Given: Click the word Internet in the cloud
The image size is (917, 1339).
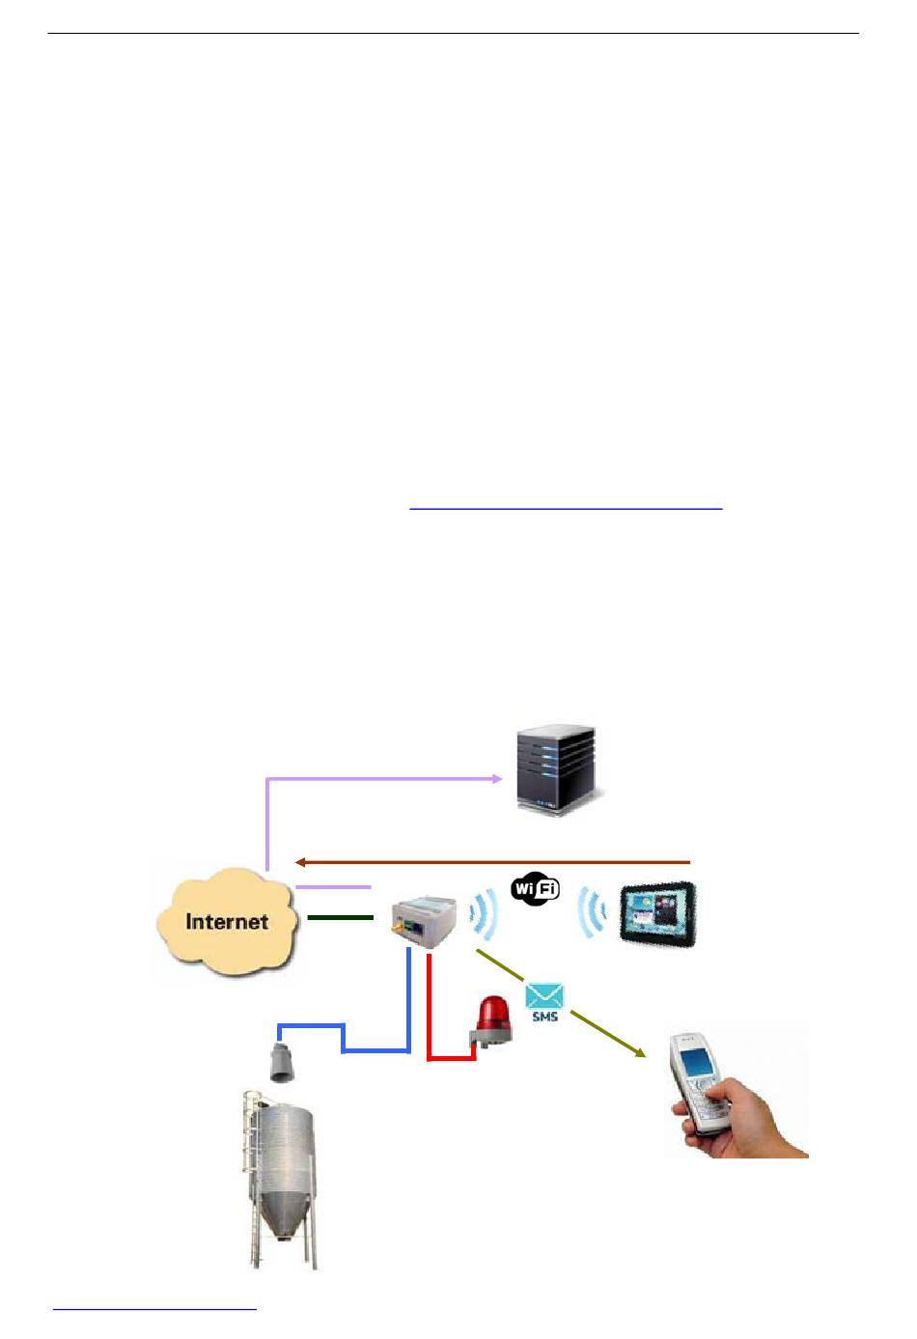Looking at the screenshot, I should tap(226, 921).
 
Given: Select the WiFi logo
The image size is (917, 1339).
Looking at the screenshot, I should tap(536, 889).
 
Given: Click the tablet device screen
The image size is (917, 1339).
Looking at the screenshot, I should tap(657, 911).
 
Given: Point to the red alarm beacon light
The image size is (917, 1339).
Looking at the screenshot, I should tap(493, 1019).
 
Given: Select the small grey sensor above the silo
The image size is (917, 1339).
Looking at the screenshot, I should tap(282, 1062).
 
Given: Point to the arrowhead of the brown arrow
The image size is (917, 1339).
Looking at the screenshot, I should tap(300, 861).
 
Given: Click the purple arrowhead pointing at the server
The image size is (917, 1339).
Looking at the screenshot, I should tap(496, 777).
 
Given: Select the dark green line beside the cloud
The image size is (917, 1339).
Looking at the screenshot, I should tap(340, 917).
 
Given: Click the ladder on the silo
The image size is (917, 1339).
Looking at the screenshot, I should tap(254, 1168).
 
